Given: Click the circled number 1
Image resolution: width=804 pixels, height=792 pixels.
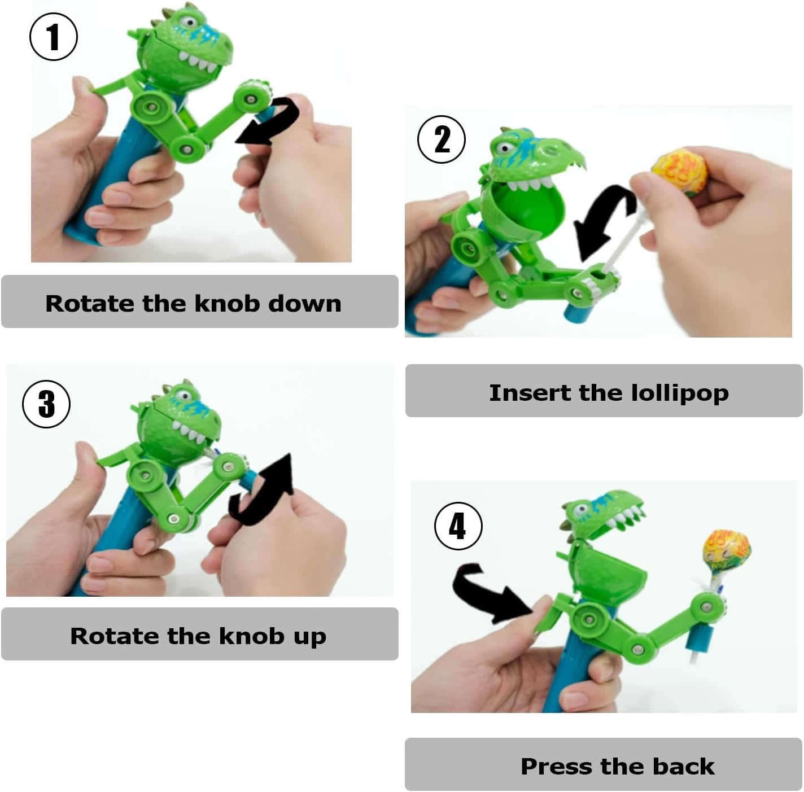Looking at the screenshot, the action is click(x=54, y=37).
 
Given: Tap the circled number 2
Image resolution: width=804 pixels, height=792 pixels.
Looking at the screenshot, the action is click(x=442, y=139).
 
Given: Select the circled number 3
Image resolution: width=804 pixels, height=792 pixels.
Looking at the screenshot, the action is click(x=46, y=404).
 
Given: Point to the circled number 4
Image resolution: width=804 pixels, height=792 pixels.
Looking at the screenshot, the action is click(x=458, y=526).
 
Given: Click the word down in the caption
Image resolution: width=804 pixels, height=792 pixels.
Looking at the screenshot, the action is click(x=304, y=303).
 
